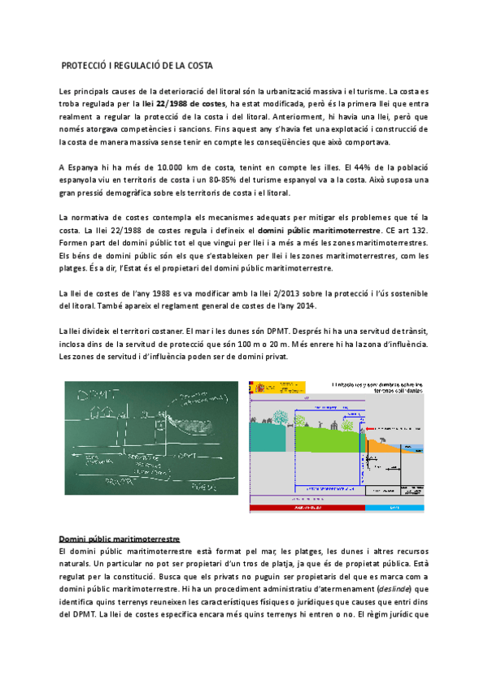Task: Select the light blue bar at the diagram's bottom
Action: click(394, 508)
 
